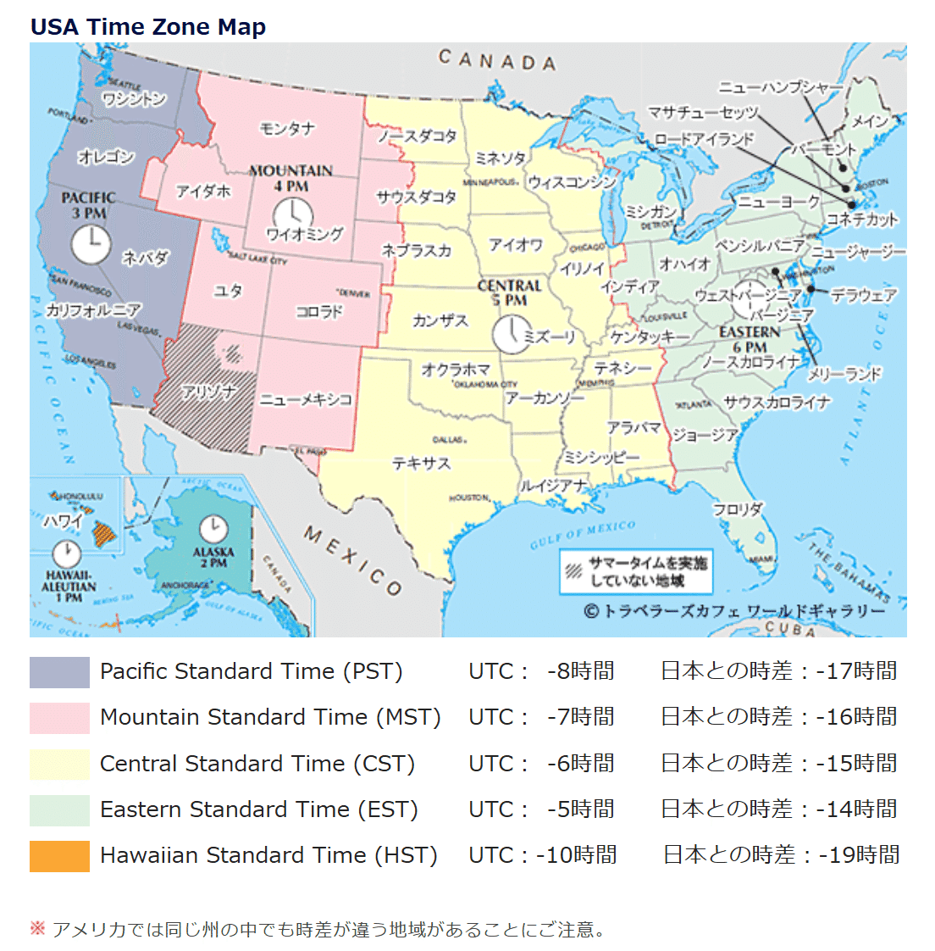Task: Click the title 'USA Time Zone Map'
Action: pyautogui.click(x=148, y=26)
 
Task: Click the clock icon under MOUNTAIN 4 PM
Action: pyautogui.click(x=293, y=214)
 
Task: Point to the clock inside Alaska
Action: pyautogui.click(x=213, y=529)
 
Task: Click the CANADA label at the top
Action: pyautogui.click(x=497, y=60)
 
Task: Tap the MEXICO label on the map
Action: pyautogui.click(x=352, y=560)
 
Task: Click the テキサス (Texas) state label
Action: pyautogui.click(x=421, y=464)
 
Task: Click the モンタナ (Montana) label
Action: pyautogui.click(x=287, y=128)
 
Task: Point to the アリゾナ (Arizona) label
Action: pyautogui.click(x=208, y=392)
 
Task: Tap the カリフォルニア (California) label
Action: pyautogui.click(x=93, y=310)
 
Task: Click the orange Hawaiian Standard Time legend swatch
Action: pyautogui.click(x=59, y=856)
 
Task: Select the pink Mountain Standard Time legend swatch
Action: pyautogui.click(x=59, y=718)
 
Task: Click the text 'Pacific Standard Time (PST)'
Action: pyautogui.click(x=251, y=671)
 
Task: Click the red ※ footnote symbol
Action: pyautogui.click(x=37, y=929)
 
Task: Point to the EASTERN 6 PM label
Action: pyautogui.click(x=750, y=339)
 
